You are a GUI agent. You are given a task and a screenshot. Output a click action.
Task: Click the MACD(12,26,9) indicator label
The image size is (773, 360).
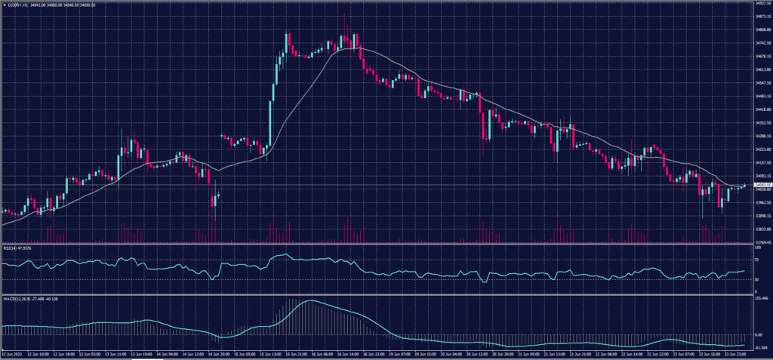click(30, 299)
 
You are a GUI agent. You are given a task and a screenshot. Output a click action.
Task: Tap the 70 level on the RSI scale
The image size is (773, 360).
click(756, 258)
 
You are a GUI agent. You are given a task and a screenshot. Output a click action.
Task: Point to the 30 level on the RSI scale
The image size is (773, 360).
click(756, 280)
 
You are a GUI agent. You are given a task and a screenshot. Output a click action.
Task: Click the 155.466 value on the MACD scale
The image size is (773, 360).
click(761, 299)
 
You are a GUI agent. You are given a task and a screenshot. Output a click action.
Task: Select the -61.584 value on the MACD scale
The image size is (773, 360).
click(761, 347)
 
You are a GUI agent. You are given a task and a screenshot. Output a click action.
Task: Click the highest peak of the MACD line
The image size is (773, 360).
click(310, 301)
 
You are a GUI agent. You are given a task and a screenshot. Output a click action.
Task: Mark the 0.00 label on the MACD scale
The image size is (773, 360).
click(759, 334)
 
